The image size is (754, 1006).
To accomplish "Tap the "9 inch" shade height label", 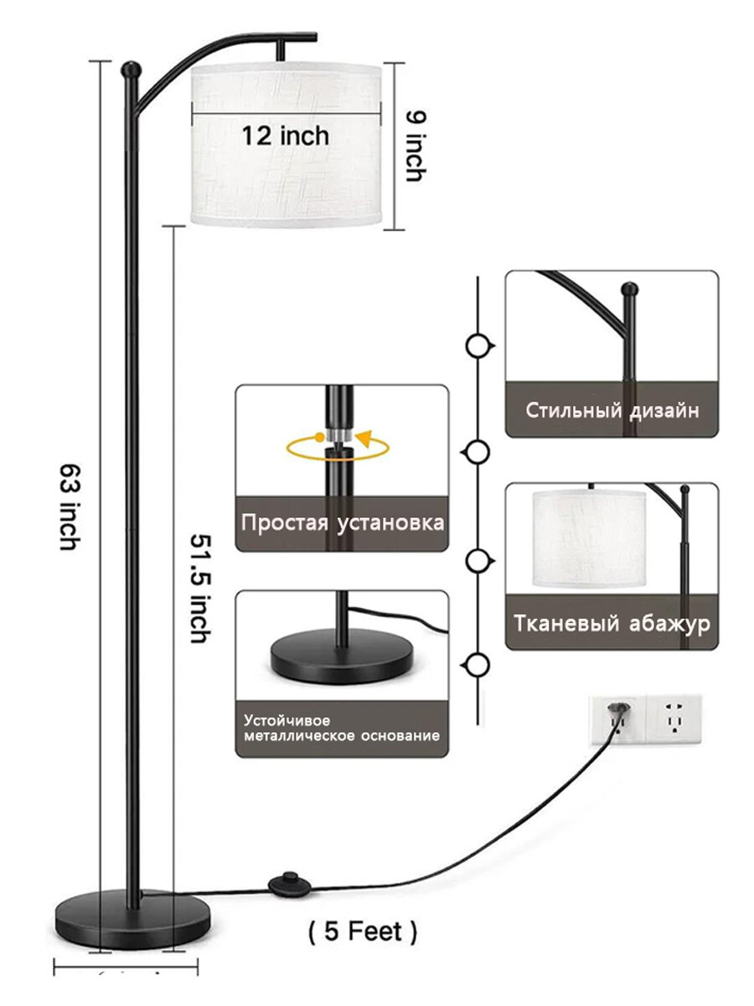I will coord(415,146).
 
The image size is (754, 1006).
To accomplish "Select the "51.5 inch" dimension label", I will coord(199,588).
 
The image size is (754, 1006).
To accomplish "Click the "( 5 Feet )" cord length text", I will coord(362,931).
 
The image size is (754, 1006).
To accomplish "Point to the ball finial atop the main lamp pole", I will coord(129,69).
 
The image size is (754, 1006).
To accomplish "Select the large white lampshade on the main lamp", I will coord(288,147).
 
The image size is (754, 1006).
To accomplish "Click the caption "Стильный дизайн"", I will coord(612,411).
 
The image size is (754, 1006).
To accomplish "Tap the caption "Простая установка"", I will coord(342,523).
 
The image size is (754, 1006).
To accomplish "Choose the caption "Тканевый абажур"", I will coord(612,624).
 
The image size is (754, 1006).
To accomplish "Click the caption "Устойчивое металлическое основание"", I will coord(341,728).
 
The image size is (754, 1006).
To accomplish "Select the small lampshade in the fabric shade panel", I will coord(590,537).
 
